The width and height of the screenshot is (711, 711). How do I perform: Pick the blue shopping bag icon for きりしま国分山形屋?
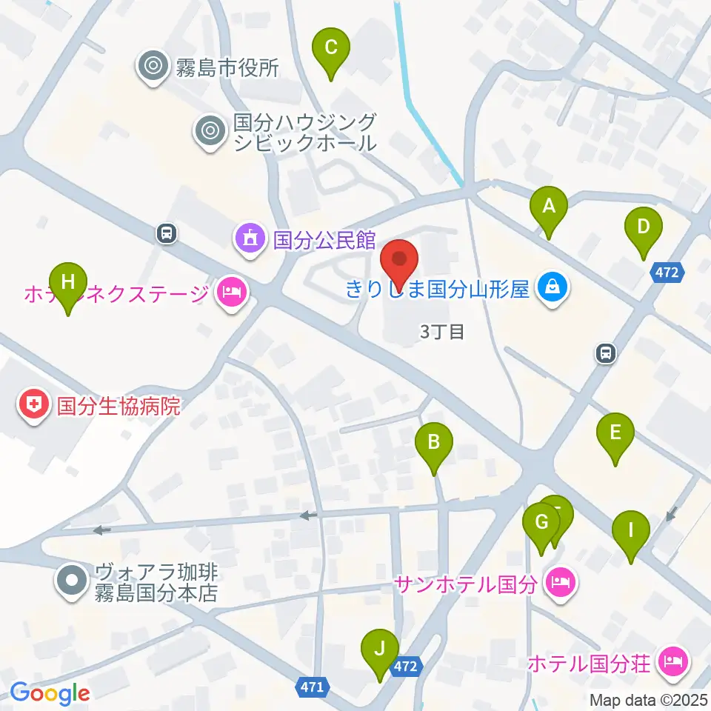click(552, 287)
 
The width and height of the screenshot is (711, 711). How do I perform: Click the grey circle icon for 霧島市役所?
click(153, 67)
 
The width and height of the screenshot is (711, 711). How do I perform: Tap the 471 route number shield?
click(313, 687)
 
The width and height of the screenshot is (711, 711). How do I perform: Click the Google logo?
click(50, 693)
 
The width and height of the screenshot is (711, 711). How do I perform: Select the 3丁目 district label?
click(441, 333)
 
